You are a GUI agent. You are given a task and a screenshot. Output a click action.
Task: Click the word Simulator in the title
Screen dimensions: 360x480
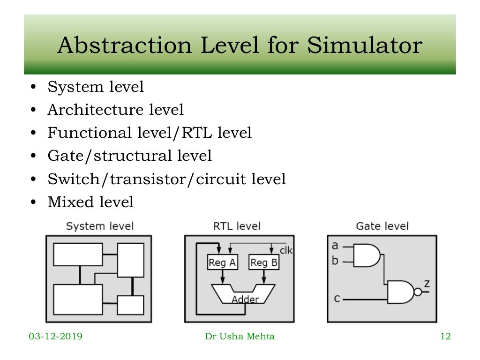365,46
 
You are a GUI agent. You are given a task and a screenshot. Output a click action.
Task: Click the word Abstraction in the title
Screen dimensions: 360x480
124,46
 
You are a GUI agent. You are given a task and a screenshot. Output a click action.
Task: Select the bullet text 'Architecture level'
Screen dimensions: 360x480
115,110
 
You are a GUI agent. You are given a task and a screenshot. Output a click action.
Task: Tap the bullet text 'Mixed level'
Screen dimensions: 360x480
90,202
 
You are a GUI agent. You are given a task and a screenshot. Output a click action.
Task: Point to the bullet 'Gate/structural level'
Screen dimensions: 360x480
129,156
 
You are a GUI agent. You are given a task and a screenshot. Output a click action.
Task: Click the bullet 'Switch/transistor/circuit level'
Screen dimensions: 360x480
166,179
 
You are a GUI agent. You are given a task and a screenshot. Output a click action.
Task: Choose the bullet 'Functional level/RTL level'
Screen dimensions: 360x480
150,133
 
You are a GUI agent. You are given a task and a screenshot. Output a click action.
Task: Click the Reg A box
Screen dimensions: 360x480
222,262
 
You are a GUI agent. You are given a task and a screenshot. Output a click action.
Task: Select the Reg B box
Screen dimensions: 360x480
263,262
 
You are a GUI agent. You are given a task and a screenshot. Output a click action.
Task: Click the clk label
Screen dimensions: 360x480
286,250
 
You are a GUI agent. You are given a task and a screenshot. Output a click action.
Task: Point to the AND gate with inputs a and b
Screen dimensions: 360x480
366,255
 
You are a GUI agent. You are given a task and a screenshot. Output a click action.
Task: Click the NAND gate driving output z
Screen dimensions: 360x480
403,292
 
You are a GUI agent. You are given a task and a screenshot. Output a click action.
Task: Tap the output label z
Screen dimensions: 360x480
427,283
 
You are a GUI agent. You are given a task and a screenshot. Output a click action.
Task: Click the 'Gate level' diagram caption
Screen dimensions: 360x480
382,226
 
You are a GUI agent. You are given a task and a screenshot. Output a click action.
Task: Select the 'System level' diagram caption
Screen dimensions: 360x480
99,226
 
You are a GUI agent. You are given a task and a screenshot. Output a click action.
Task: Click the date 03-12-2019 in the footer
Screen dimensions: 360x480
55,337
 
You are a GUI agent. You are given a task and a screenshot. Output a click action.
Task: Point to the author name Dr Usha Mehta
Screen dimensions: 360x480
240,337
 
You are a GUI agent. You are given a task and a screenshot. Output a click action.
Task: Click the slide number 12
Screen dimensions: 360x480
445,337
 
